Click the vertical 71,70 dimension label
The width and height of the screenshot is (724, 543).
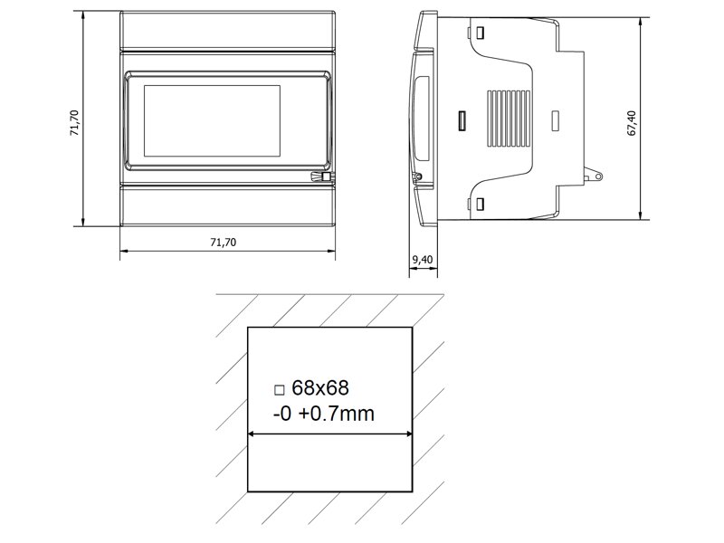[x=75, y=123]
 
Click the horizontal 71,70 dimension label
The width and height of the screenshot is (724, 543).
[x=223, y=243]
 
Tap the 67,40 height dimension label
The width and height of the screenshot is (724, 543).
[x=632, y=123]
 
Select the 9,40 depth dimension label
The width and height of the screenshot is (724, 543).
[x=423, y=260]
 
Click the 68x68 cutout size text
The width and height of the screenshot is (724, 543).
[x=320, y=388]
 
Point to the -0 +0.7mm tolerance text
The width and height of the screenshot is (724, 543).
[x=324, y=414]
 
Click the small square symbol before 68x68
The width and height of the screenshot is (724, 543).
[x=279, y=390]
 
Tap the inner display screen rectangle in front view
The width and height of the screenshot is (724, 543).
[x=212, y=120]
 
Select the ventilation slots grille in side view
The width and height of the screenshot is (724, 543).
[x=509, y=119]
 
